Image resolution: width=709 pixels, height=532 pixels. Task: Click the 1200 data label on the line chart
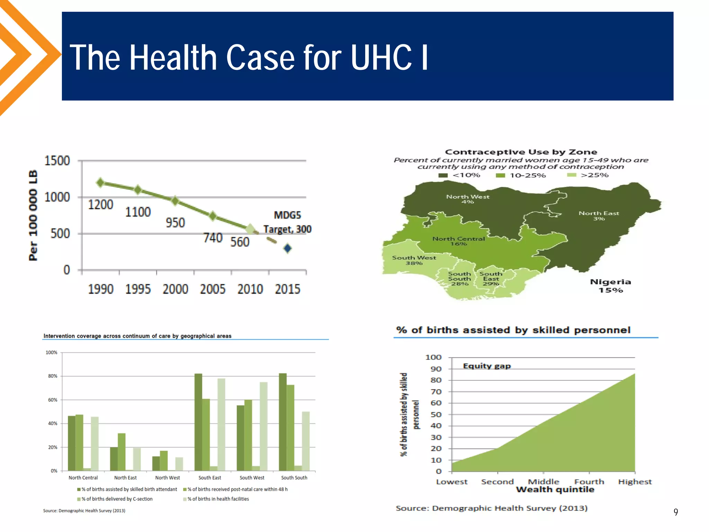tap(100, 205)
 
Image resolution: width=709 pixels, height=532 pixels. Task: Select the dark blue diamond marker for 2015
tap(287, 248)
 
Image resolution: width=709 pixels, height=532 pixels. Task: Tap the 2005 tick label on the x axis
tap(213, 289)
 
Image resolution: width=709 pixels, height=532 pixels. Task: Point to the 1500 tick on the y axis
tap(57, 161)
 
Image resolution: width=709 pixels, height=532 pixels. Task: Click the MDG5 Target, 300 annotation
tap(287, 222)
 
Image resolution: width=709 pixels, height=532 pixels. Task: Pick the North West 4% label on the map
tap(468, 199)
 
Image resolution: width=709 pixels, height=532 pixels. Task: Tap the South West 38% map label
tap(414, 260)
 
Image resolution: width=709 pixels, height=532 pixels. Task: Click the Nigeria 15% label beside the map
tap(611, 286)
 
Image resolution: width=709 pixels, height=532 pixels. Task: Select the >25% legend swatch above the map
tap(572, 175)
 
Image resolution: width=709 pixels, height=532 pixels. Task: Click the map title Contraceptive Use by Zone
tap(521, 152)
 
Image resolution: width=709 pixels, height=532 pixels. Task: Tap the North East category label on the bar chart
tap(125, 478)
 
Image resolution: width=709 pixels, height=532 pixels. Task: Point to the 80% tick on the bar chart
tap(53, 376)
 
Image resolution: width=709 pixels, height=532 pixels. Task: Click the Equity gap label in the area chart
tap(487, 366)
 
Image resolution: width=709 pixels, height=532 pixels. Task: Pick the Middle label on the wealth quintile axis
tap(544, 482)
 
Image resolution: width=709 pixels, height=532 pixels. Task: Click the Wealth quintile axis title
tap(555, 490)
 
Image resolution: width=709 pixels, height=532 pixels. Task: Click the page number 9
tap(676, 512)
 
